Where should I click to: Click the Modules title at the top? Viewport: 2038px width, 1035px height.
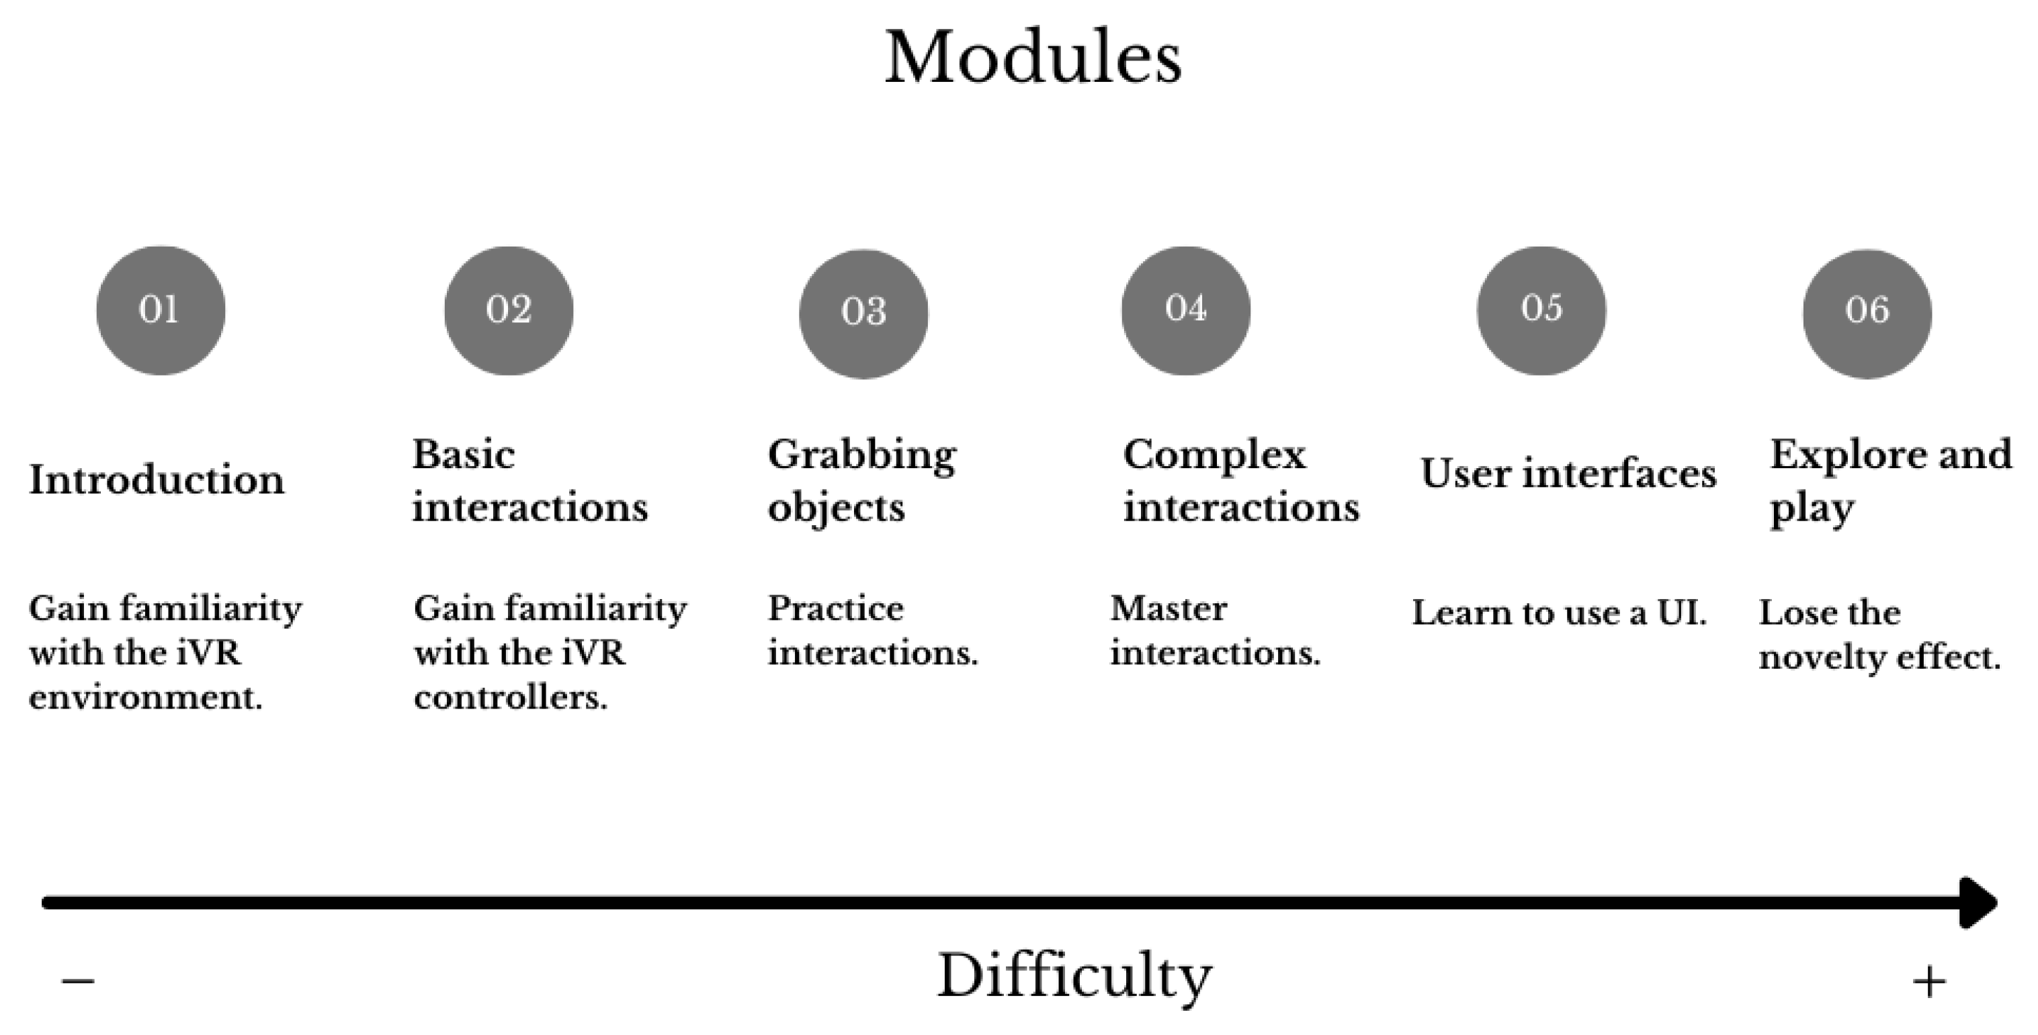click(1033, 57)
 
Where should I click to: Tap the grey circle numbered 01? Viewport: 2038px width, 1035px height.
click(161, 310)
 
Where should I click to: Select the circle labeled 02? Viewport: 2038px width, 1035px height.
click(509, 310)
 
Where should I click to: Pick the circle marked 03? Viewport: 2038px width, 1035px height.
click(863, 313)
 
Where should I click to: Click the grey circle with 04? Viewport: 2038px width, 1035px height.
click(1185, 310)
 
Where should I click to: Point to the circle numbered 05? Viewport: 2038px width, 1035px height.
click(1541, 310)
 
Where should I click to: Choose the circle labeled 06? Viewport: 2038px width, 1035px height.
click(1867, 313)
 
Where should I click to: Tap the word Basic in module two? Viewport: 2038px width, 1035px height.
click(464, 455)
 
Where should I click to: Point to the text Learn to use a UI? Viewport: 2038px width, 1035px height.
click(1558, 613)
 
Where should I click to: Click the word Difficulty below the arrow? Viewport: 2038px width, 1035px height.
click(1074, 977)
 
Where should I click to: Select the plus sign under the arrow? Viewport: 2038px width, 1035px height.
click(1929, 982)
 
